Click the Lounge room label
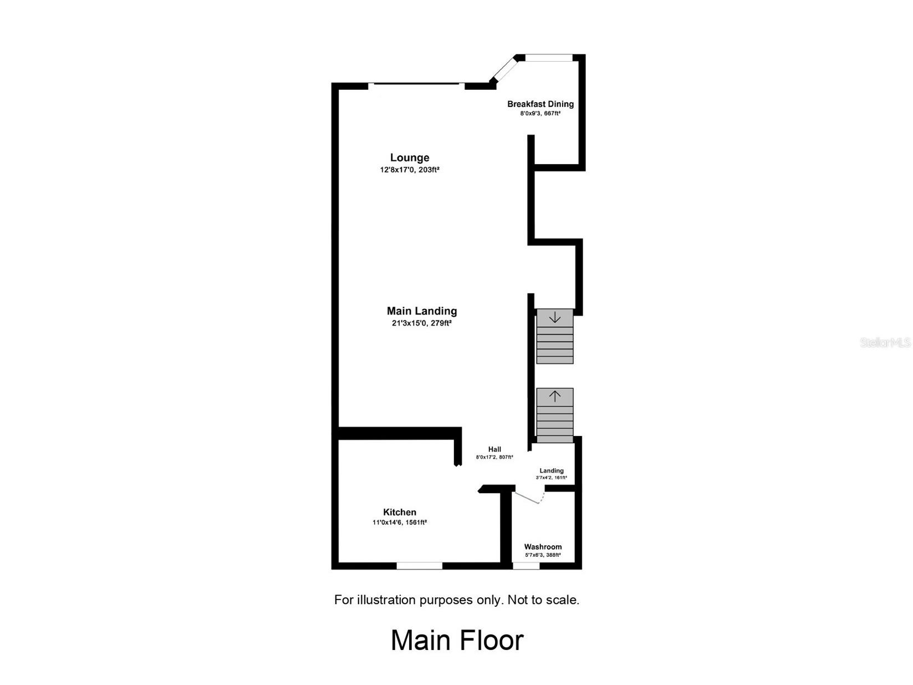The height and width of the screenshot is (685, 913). point(409,158)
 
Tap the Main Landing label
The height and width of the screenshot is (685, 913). point(421,311)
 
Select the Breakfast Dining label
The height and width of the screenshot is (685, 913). point(540,104)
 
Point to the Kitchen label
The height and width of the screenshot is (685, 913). point(399,513)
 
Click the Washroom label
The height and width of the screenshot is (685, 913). point(543,547)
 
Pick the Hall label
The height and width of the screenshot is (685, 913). point(494,449)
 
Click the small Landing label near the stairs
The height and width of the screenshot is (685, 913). point(551,471)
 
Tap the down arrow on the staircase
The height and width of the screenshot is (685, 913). point(554,318)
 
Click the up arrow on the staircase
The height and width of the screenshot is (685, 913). point(554,396)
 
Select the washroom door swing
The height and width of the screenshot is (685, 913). point(530,498)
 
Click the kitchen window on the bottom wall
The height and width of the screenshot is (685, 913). point(419,566)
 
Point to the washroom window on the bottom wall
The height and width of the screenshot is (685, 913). point(526,566)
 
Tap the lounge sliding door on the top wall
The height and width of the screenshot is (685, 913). point(416,84)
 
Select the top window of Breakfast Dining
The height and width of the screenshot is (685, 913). point(548,57)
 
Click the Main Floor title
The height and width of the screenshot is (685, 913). point(457,640)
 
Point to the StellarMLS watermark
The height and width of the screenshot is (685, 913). point(885,343)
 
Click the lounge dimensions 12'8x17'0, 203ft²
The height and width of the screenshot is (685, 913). point(409,170)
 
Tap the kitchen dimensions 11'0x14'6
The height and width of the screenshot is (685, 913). point(399,522)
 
